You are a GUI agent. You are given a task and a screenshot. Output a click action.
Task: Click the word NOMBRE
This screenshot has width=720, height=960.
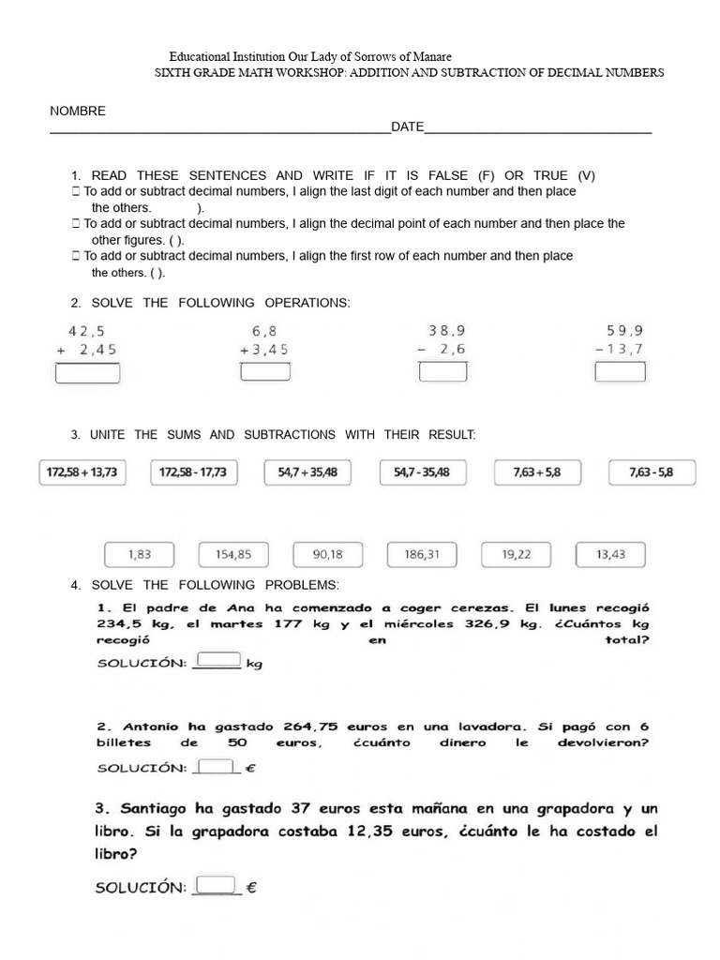[78, 112]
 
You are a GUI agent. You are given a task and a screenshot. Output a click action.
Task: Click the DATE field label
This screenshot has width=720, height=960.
[408, 127]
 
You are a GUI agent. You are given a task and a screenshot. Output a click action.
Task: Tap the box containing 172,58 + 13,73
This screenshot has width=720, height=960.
[83, 472]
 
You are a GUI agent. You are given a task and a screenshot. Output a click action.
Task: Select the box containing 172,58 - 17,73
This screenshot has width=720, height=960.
[194, 472]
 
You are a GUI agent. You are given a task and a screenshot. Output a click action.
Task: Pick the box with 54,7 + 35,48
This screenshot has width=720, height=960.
[307, 472]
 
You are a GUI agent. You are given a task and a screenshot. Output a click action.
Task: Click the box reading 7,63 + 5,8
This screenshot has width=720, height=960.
[537, 472]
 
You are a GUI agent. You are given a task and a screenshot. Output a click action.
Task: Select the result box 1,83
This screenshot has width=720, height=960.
[139, 554]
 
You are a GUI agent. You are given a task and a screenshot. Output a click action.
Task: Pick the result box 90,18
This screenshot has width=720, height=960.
[327, 554]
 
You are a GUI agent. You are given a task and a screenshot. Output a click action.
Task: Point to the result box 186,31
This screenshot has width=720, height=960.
[422, 554]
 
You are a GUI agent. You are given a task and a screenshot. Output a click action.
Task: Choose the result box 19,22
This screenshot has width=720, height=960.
[516, 554]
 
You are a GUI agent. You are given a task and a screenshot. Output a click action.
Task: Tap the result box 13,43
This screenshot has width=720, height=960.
[610, 554]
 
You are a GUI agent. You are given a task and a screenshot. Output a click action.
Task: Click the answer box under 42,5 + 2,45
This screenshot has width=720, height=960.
[88, 373]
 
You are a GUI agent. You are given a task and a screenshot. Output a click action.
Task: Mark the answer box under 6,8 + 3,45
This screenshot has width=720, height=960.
[264, 372]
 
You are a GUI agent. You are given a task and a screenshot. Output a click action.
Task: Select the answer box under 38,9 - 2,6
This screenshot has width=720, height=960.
[442, 372]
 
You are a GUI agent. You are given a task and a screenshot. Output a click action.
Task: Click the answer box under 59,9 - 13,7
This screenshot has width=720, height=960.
[621, 372]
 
